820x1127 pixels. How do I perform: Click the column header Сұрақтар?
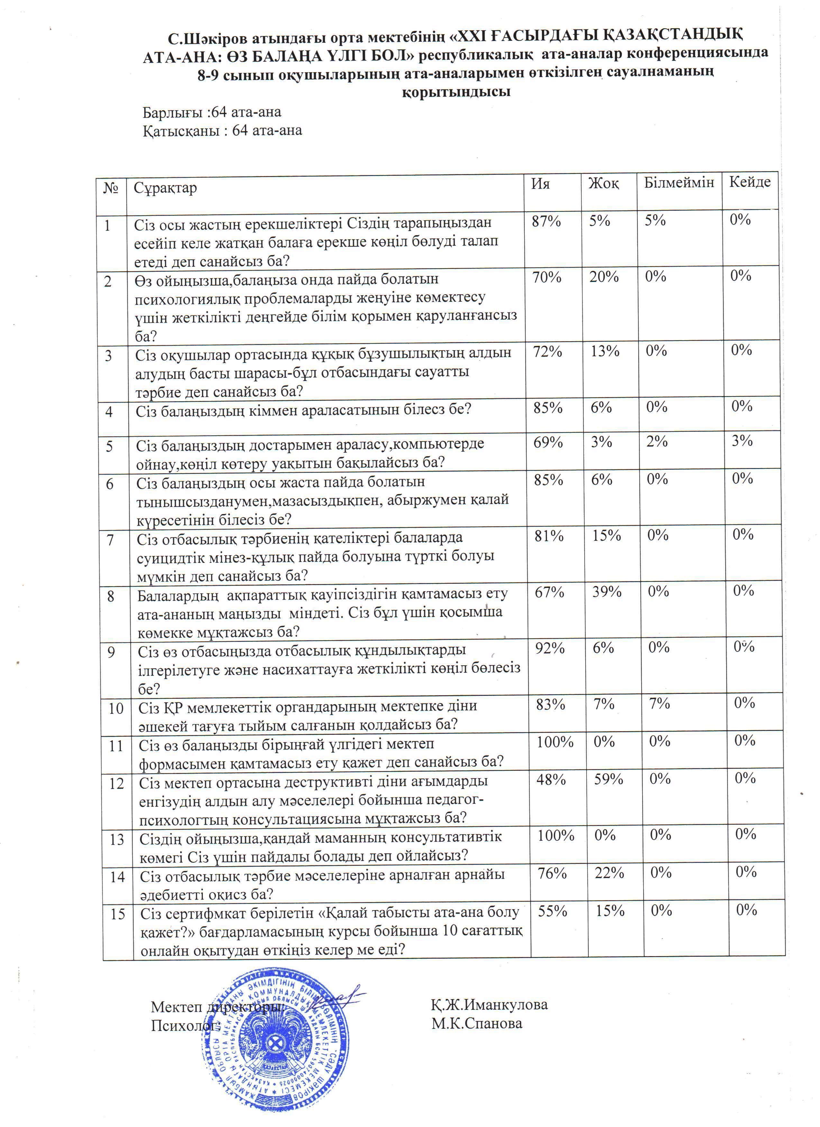(x=165, y=188)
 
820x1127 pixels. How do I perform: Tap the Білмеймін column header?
(x=679, y=182)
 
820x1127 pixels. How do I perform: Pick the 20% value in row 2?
(x=604, y=277)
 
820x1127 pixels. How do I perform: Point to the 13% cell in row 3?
(x=605, y=352)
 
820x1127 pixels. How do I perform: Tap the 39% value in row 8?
(x=607, y=592)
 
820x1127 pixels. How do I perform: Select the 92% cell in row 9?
(x=550, y=648)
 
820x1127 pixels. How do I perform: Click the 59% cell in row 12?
(x=609, y=779)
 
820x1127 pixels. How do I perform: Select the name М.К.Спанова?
(x=477, y=1023)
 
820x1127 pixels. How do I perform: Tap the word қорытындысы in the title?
(x=456, y=92)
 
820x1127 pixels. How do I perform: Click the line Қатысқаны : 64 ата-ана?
(x=222, y=131)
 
